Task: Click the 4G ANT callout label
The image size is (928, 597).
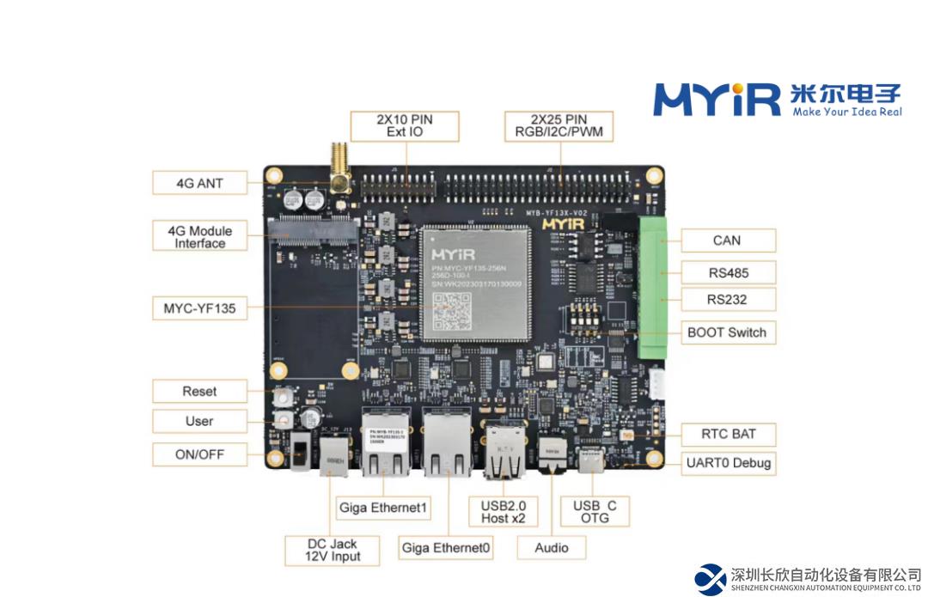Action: (x=199, y=183)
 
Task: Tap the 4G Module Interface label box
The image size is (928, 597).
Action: (x=199, y=236)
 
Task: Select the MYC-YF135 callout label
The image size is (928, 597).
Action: (x=199, y=308)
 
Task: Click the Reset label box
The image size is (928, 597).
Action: (x=199, y=391)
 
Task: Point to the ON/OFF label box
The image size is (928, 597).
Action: (x=199, y=454)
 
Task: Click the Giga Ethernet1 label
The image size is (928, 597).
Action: (x=382, y=508)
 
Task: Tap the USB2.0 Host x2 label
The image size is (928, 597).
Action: (x=503, y=511)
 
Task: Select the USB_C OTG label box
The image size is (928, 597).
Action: (x=595, y=511)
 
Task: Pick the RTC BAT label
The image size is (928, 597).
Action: (x=727, y=434)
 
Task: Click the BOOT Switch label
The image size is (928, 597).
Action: (x=726, y=332)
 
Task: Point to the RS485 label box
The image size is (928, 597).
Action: (x=727, y=273)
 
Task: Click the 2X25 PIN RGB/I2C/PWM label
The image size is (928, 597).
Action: (x=559, y=125)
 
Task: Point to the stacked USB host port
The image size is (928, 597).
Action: (x=505, y=454)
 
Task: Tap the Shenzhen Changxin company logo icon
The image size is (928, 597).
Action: (x=710, y=579)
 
